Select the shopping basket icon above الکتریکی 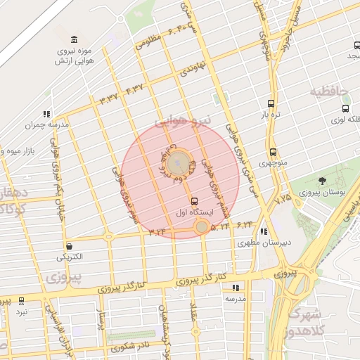tap(70, 246)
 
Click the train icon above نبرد tap(21, 300)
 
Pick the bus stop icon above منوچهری tap(272, 152)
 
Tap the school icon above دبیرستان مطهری tap(263, 231)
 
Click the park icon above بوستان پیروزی tap(323, 181)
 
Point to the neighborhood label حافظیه tap(328, 92)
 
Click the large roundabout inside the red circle tap(181, 162)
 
